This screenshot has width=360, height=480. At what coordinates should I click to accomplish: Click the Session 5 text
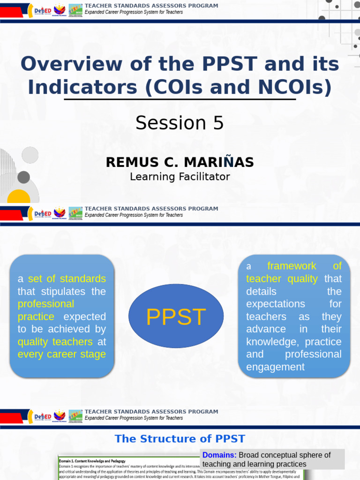point(180,123)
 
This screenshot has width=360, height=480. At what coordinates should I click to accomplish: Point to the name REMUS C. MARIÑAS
point(180,162)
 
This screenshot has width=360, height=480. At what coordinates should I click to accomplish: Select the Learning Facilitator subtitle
point(180,177)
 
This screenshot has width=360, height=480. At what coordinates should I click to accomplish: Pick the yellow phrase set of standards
point(67,279)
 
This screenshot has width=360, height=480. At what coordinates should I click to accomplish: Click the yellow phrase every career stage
point(61,354)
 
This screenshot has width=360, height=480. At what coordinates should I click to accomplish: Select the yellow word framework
point(292,266)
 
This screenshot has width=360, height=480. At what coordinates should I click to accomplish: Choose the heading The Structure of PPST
point(180,439)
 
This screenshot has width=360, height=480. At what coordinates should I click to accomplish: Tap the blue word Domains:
point(219,455)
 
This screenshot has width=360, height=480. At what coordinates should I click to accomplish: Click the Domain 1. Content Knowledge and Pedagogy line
point(92,461)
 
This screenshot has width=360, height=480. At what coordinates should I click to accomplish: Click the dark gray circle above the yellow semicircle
point(23,177)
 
